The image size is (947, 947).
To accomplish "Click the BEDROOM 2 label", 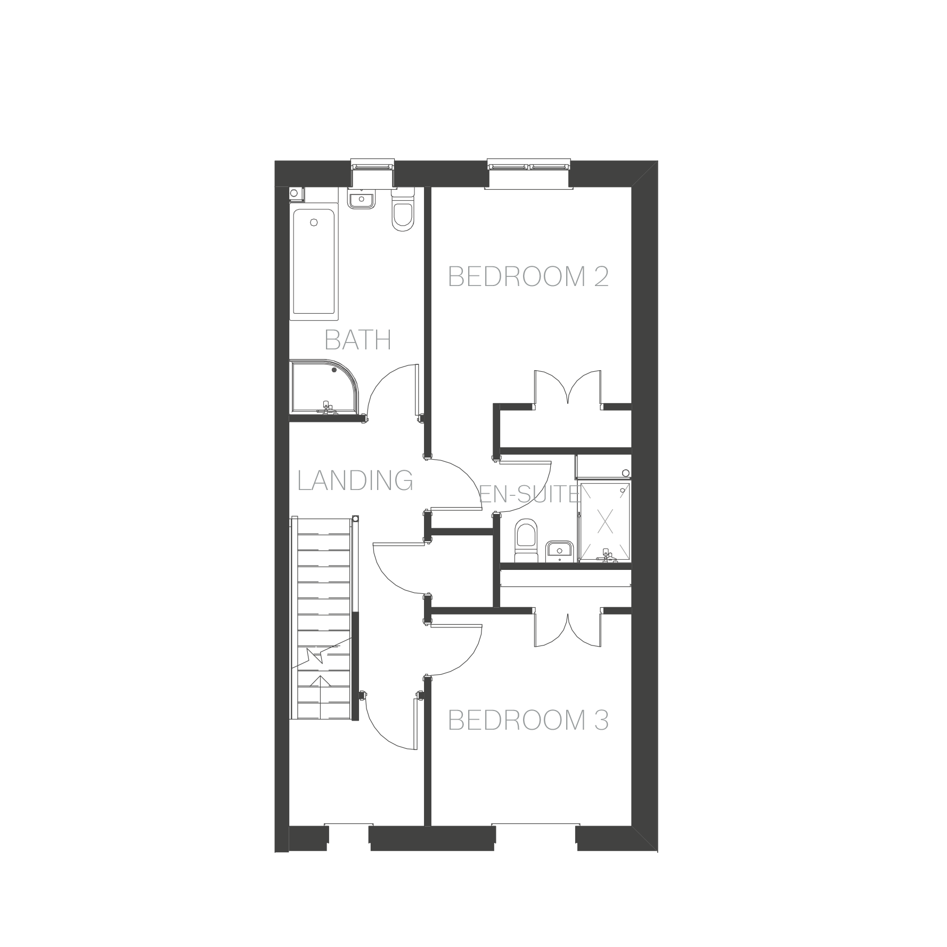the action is pos(528,276).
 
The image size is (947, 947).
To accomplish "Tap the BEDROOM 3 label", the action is pos(528,720).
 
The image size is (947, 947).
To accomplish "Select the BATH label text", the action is pos(358,340).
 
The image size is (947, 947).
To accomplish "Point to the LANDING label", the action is pos(355,480).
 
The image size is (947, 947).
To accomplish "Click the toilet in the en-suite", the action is pos(527,540).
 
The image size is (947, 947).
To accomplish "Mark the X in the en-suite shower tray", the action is pos(604,521).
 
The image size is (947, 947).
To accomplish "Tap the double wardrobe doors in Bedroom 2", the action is pos(568,387).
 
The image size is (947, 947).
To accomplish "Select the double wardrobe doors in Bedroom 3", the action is pos(568,630).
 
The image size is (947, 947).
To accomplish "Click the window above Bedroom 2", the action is pos(529,166).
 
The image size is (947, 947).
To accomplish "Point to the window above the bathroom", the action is pos(373,166).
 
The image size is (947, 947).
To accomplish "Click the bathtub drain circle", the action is pos(314,223).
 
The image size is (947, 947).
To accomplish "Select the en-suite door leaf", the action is pos(525,461).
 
